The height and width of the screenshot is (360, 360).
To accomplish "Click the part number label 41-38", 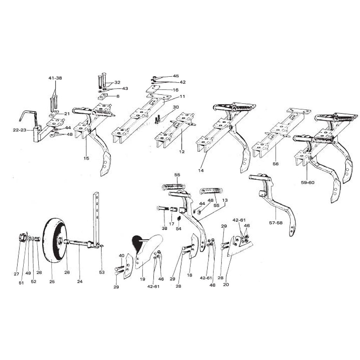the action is [55, 78].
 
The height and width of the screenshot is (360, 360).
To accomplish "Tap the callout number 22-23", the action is [20, 130].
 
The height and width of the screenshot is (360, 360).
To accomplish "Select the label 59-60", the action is [307, 182].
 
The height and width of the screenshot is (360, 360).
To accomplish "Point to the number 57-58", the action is [276, 223].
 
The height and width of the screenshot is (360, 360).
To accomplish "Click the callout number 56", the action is [276, 164].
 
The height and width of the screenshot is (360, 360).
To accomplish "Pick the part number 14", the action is [201, 171].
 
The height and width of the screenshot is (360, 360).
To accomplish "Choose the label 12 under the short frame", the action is [182, 152].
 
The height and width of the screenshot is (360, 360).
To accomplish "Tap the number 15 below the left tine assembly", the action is [86, 158].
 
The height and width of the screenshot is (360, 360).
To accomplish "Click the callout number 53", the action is [102, 272].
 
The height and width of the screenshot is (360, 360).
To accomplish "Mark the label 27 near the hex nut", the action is [16, 274].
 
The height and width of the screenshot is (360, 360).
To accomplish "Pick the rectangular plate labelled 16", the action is [153, 89].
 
